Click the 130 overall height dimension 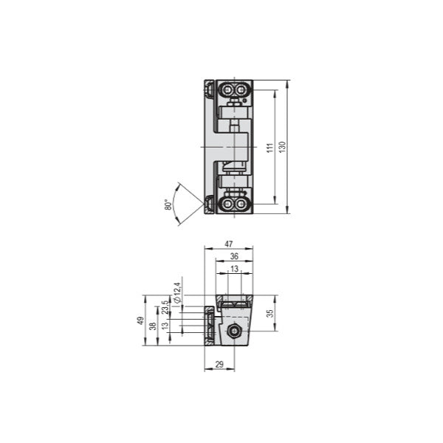pyautogui.click(x=282, y=147)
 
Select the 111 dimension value pyautogui.click(x=270, y=148)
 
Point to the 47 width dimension pyautogui.click(x=229, y=244)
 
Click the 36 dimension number pyautogui.click(x=234, y=256)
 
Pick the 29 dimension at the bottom pyautogui.click(x=219, y=365)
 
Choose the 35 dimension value pyautogui.click(x=270, y=313)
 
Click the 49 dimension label pyautogui.click(x=140, y=320)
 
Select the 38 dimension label pyautogui.click(x=153, y=326)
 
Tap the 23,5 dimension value pyautogui.click(x=165, y=307)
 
